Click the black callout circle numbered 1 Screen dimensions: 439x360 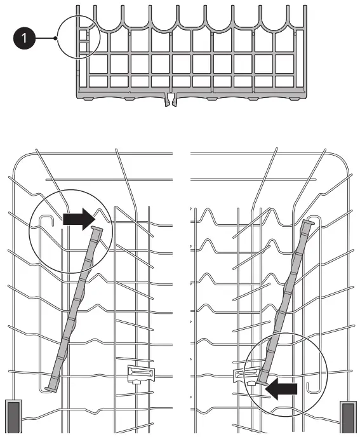point(24,38)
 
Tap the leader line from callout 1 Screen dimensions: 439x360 point(46,38)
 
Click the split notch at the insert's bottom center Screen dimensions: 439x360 point(171,98)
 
